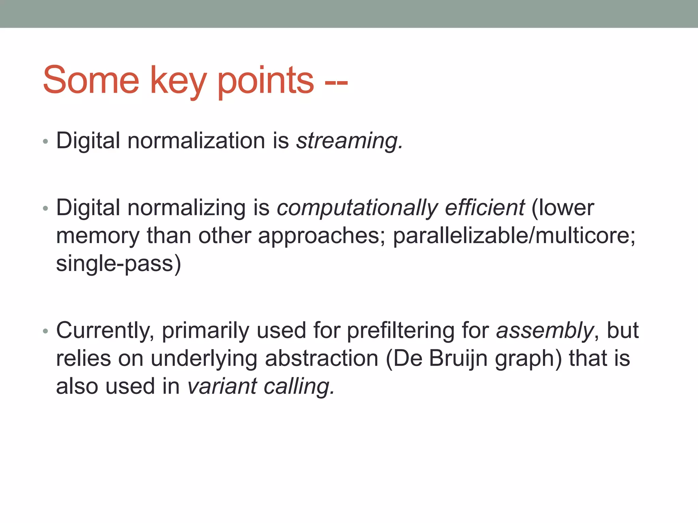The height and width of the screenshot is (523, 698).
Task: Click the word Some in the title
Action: (x=91, y=80)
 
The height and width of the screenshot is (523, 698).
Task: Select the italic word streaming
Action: (x=349, y=141)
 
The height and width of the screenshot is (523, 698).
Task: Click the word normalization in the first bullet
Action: (x=196, y=141)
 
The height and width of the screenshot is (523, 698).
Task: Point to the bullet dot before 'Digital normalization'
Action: (x=46, y=142)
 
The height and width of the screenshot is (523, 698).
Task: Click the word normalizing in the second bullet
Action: (x=186, y=208)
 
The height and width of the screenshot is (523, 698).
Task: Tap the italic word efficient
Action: (x=484, y=208)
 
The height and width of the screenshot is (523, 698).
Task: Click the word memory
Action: (x=98, y=236)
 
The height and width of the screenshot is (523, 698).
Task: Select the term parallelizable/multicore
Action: (x=514, y=236)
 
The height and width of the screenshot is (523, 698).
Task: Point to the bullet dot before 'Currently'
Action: (x=46, y=331)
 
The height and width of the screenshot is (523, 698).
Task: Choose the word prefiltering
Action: (x=400, y=331)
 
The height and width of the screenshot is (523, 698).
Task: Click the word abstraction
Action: (x=321, y=359)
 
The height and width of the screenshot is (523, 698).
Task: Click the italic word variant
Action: (x=222, y=386)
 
